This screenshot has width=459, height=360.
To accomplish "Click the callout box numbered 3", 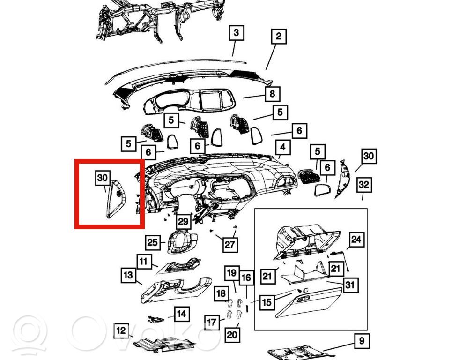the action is [x=236, y=33].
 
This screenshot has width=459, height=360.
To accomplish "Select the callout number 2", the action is [x=278, y=36].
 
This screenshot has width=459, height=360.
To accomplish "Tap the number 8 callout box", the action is [x=272, y=94].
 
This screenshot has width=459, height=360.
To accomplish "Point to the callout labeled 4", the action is [x=282, y=147].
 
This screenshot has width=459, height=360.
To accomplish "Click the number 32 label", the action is [x=364, y=185].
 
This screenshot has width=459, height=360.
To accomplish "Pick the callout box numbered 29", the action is [x=184, y=221].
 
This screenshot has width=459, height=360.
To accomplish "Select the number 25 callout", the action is [x=153, y=242].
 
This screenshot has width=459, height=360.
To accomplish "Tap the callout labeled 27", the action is [x=229, y=245].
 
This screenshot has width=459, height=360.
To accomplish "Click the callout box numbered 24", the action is [x=356, y=240].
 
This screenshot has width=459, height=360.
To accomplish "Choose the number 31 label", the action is [x=350, y=285].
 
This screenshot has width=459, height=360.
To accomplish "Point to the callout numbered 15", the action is [x=267, y=302].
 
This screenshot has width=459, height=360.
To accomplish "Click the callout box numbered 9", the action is [x=362, y=341].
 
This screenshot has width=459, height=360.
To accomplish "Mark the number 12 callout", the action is [x=121, y=331].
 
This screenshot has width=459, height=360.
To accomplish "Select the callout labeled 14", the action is [x=182, y=314].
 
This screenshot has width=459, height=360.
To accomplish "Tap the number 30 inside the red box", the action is [x=103, y=178].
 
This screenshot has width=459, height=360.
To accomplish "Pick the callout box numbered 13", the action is [x=128, y=275].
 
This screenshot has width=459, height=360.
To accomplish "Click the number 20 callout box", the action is [x=232, y=335].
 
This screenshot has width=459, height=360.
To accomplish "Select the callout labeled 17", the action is [x=212, y=322].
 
